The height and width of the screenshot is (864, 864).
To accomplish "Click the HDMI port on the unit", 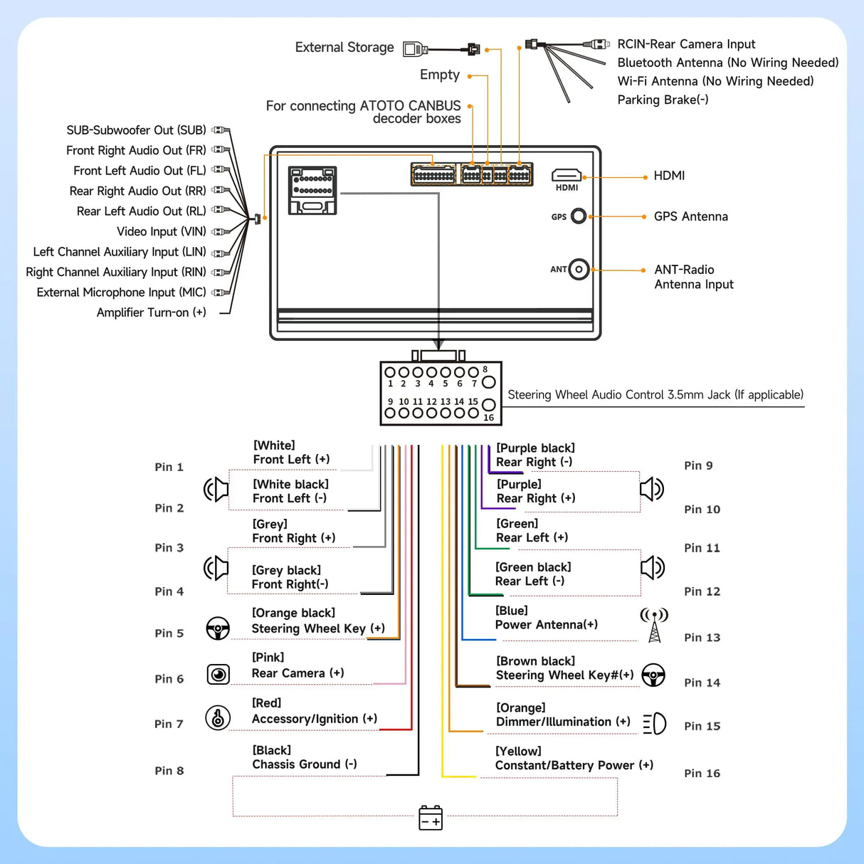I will click(567, 175).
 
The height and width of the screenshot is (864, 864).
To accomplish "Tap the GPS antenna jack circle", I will click(579, 216).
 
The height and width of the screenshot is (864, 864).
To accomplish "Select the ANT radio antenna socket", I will click(579, 269).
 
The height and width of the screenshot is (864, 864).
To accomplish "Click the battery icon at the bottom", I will click(431, 818).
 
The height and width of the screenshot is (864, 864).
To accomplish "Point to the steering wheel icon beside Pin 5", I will click(218, 628).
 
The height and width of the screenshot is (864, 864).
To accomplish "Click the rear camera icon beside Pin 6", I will click(218, 674).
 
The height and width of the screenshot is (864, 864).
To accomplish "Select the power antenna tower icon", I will click(654, 625).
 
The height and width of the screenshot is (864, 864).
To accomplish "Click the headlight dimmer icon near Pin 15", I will click(655, 724).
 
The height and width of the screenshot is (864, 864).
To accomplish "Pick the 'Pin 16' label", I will click(702, 773).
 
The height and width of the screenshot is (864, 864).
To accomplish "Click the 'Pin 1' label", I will click(169, 467).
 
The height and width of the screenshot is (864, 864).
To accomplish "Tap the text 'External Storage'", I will click(344, 48).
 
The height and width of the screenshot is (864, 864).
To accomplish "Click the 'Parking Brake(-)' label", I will click(663, 100).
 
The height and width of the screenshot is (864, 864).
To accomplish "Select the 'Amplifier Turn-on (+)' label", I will click(152, 312).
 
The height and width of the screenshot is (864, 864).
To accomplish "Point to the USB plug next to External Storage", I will click(416, 49).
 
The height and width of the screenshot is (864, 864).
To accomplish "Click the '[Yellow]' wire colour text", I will click(518, 751).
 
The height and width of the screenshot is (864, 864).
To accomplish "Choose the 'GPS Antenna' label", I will click(690, 216).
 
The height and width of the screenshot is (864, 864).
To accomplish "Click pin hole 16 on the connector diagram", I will click(488, 405).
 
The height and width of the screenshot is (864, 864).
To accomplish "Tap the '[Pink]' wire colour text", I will click(268, 658).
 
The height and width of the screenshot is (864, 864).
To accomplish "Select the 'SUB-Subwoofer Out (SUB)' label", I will click(136, 130).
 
